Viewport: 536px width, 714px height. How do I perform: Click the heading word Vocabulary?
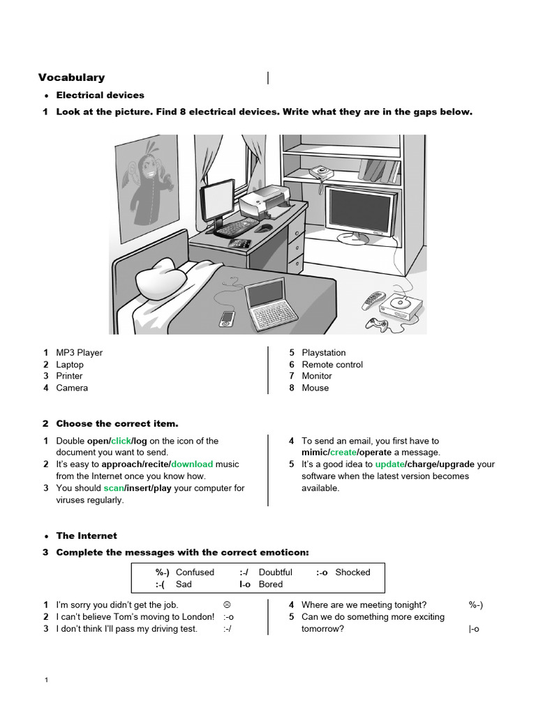(71, 77)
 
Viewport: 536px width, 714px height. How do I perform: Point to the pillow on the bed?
(161, 279)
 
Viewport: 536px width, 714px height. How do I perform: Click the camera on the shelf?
(320, 171)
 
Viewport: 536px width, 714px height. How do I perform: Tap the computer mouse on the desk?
(264, 228)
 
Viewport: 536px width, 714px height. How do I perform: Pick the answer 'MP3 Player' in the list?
(79, 353)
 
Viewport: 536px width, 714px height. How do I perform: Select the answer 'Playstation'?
(323, 353)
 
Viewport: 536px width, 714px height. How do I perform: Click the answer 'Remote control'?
(332, 365)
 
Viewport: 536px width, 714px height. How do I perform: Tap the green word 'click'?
(121, 441)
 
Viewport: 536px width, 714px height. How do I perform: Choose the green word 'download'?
(193, 464)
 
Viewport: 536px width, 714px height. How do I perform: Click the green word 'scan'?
(113, 488)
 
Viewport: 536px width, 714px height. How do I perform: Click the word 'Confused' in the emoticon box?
(195, 572)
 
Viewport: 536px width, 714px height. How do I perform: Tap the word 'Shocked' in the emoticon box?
(352, 572)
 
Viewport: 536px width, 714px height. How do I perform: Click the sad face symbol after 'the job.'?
(227, 605)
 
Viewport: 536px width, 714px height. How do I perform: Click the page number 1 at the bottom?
(45, 680)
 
